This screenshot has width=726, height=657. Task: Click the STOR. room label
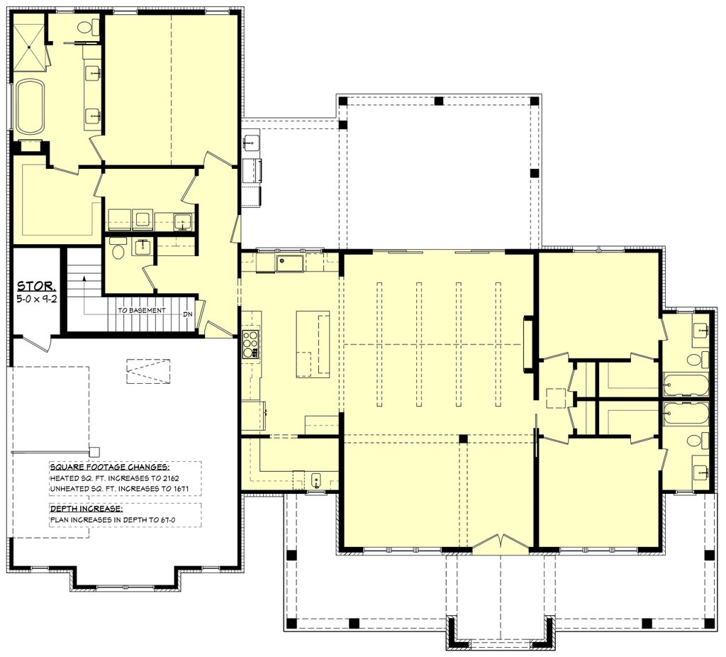coord(37,286)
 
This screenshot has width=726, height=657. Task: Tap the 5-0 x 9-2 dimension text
coord(37,299)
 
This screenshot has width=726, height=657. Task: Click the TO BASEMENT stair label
coord(141,310)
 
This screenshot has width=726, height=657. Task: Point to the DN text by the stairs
coord(187,314)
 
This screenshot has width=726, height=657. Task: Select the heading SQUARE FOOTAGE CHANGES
coord(109,467)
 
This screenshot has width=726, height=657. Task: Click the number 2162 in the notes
coord(169,477)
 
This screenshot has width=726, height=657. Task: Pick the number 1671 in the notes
coord(179,488)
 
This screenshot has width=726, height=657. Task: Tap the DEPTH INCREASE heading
coord(86,509)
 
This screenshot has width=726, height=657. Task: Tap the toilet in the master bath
coord(87,26)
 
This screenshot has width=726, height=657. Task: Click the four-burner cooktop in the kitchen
coord(250,344)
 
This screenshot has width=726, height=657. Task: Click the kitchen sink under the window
coord(289,263)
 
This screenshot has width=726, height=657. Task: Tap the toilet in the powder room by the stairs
coord(118,250)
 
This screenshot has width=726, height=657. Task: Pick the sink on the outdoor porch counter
coord(250,142)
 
